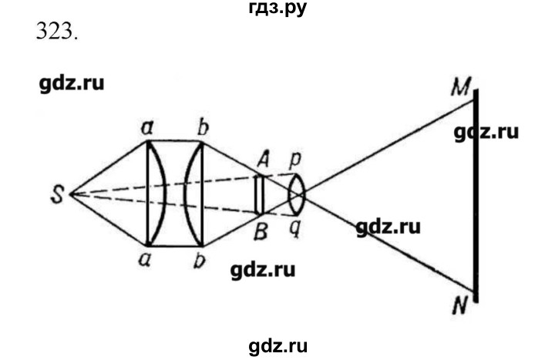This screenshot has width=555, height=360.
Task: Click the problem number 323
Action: click(56, 32)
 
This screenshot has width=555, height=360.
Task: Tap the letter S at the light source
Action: click(57, 195)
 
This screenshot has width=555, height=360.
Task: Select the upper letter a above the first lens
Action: click(147, 128)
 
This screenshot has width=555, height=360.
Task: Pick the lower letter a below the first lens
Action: click(145, 260)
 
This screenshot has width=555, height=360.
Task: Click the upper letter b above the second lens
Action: click(203, 127)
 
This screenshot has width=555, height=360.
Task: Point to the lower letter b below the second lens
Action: click(200, 261)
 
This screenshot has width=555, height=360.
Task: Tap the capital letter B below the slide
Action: click(261, 232)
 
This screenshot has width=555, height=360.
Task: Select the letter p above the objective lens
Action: click(294, 160)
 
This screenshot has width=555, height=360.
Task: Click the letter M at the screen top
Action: click(461, 86)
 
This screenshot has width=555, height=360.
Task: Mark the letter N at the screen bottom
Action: click(460, 305)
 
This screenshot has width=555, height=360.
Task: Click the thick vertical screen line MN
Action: click(476, 196)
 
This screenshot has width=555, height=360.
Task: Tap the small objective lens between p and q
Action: click(296, 194)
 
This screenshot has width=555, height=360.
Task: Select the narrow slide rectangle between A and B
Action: click(260, 194)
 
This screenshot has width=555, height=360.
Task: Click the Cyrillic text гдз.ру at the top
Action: click(277, 8)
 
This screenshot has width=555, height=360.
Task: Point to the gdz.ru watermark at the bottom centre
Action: click(277, 346)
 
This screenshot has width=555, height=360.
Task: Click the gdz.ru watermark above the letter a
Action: click(72, 84)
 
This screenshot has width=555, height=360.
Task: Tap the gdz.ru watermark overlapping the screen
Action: click(486, 133)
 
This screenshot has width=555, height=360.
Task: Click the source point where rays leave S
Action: click(71, 194)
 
